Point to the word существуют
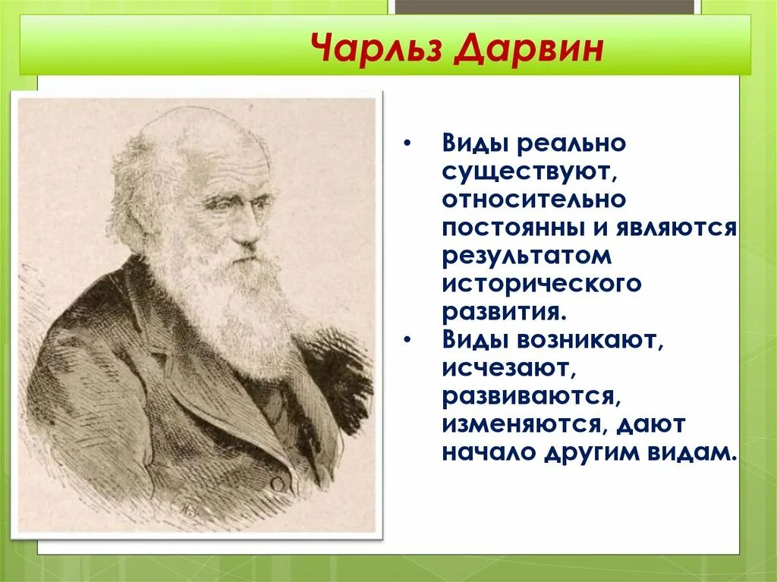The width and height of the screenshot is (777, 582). (532, 172)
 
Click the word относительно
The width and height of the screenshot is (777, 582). (534, 200)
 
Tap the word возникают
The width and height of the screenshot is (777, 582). (589, 341)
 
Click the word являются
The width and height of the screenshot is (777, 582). (677, 228)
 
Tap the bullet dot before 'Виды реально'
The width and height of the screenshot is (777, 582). (407, 144)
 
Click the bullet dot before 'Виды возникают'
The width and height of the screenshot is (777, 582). (407, 341)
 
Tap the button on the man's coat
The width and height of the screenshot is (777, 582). (277, 484)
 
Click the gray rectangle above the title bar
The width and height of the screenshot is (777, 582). (545, 7)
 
